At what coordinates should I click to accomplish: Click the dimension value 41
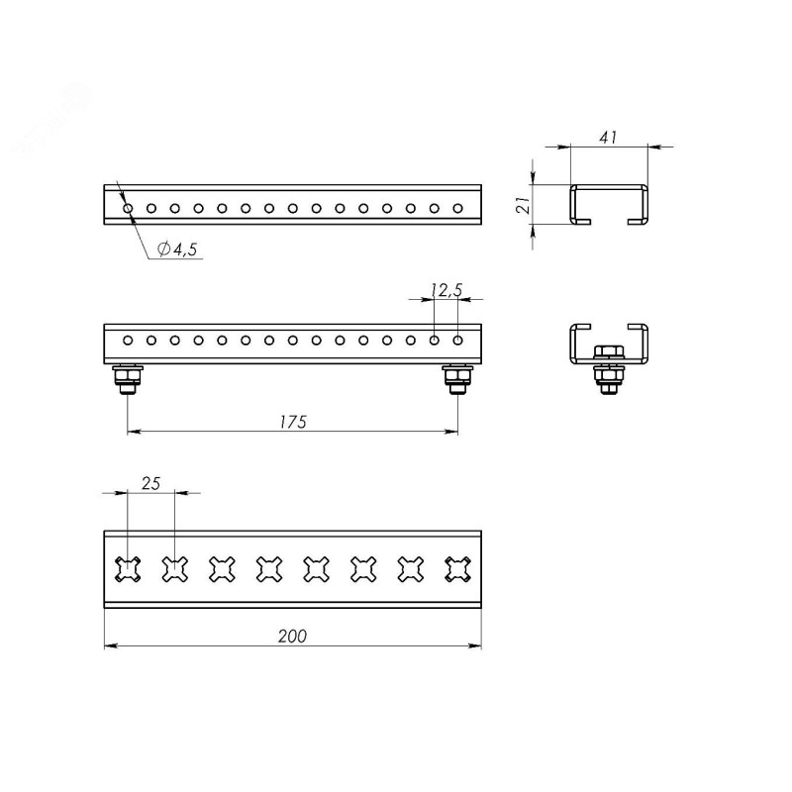[x=608, y=138]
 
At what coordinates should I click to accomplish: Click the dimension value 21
[x=525, y=205]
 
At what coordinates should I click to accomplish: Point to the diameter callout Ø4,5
[x=177, y=248]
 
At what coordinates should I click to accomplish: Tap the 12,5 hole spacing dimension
[x=446, y=290]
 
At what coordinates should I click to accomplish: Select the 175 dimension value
[x=293, y=422]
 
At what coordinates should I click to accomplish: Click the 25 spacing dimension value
[x=150, y=484]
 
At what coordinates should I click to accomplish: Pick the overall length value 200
[x=292, y=636]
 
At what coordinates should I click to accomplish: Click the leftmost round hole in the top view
[x=128, y=208]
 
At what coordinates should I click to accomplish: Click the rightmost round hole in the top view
[x=457, y=208]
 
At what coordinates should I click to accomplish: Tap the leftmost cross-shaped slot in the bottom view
[x=128, y=569]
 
